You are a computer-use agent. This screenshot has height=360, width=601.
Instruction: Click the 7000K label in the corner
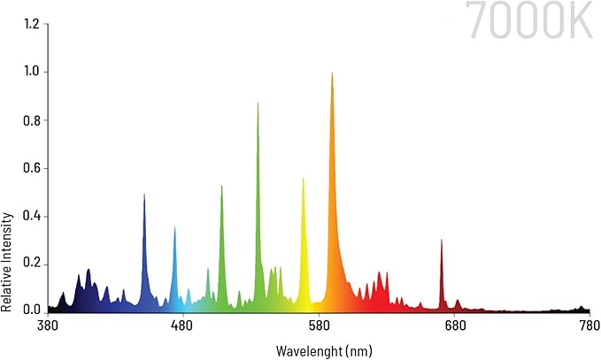click(x=529, y=21)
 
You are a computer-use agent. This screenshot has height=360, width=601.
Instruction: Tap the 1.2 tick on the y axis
click(x=30, y=23)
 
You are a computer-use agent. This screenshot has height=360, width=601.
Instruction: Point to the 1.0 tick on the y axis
click(x=30, y=72)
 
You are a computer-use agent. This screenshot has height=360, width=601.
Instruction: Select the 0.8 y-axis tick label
click(x=30, y=120)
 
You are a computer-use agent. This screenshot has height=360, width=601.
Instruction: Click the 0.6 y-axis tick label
click(x=30, y=168)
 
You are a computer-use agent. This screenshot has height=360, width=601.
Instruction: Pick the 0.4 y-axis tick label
click(x=30, y=216)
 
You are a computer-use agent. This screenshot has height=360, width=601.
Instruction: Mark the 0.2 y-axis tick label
click(x=30, y=264)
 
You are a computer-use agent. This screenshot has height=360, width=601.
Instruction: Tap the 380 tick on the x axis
click(x=48, y=326)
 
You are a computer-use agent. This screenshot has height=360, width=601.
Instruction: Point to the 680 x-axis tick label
click(x=454, y=326)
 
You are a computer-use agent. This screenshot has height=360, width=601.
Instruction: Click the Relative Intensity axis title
click(x=7, y=262)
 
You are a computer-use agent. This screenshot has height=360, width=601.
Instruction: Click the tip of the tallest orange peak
click(x=332, y=73)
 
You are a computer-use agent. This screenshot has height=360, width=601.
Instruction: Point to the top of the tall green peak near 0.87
click(x=258, y=103)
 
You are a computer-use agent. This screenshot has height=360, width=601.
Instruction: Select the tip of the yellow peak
click(x=303, y=179)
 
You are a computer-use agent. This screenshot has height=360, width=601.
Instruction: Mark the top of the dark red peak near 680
click(x=441, y=240)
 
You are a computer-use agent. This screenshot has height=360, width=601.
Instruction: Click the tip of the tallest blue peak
click(x=144, y=195)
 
